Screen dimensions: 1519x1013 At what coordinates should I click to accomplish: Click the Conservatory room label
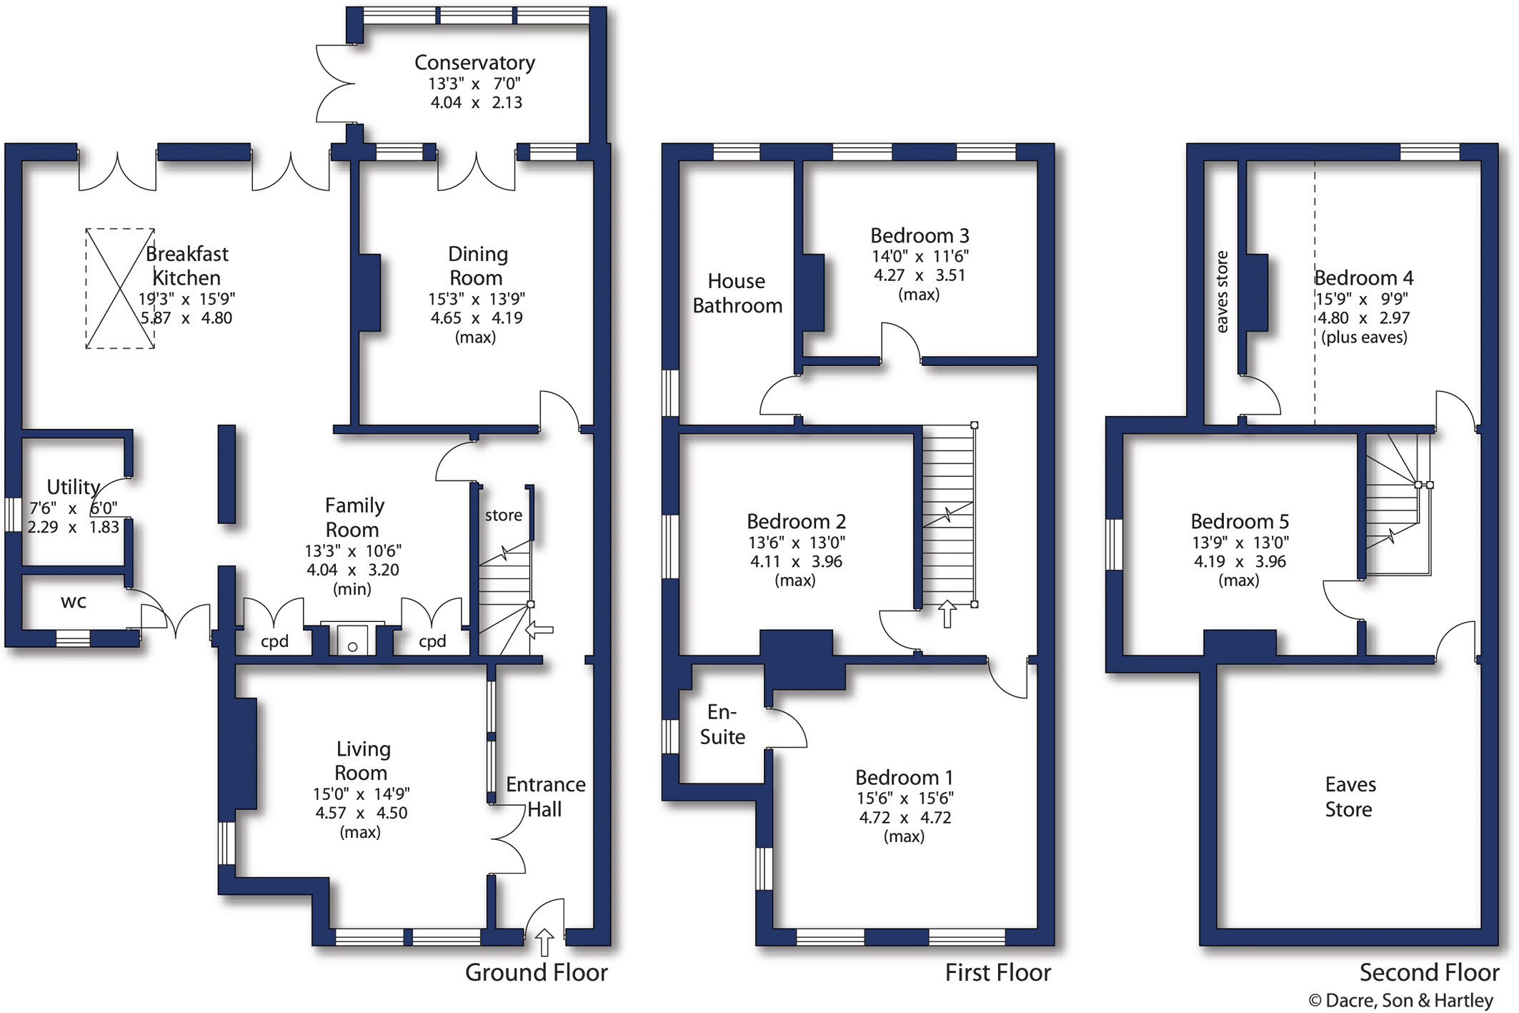coord(474,63)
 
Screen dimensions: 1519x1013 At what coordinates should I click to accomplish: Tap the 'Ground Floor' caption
coord(536,972)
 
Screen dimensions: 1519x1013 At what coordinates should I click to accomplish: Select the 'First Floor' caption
coord(997,972)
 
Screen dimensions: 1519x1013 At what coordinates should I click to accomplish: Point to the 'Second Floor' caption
coord(1429,972)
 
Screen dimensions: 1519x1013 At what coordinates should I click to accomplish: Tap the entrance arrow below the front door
coord(544,942)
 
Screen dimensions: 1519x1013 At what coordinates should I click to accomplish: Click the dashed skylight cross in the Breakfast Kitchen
coord(120,289)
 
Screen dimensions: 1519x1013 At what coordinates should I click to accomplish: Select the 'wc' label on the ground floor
coord(74,602)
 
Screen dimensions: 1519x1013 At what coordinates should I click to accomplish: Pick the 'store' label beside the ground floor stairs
coord(504,515)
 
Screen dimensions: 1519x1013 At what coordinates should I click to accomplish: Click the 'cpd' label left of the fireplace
coord(274,642)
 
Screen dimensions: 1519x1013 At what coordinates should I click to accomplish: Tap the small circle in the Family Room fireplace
coord(352,647)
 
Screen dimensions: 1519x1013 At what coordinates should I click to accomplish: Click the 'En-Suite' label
coord(722,724)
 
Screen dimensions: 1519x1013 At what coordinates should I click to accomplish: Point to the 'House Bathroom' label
coord(737,293)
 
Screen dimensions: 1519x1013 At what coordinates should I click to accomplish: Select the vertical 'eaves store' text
coord(1222,292)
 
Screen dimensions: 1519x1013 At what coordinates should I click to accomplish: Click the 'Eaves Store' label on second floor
coord(1350,797)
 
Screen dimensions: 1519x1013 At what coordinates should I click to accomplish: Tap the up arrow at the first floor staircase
coord(947,614)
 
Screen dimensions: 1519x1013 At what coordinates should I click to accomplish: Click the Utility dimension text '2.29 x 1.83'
coord(73,528)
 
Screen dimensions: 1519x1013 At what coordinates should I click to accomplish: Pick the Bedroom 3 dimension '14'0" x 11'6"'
coord(920,257)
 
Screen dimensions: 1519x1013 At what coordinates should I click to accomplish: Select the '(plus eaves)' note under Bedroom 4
coord(1364,337)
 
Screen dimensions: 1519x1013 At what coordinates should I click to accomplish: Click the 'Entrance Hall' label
coord(546,797)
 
